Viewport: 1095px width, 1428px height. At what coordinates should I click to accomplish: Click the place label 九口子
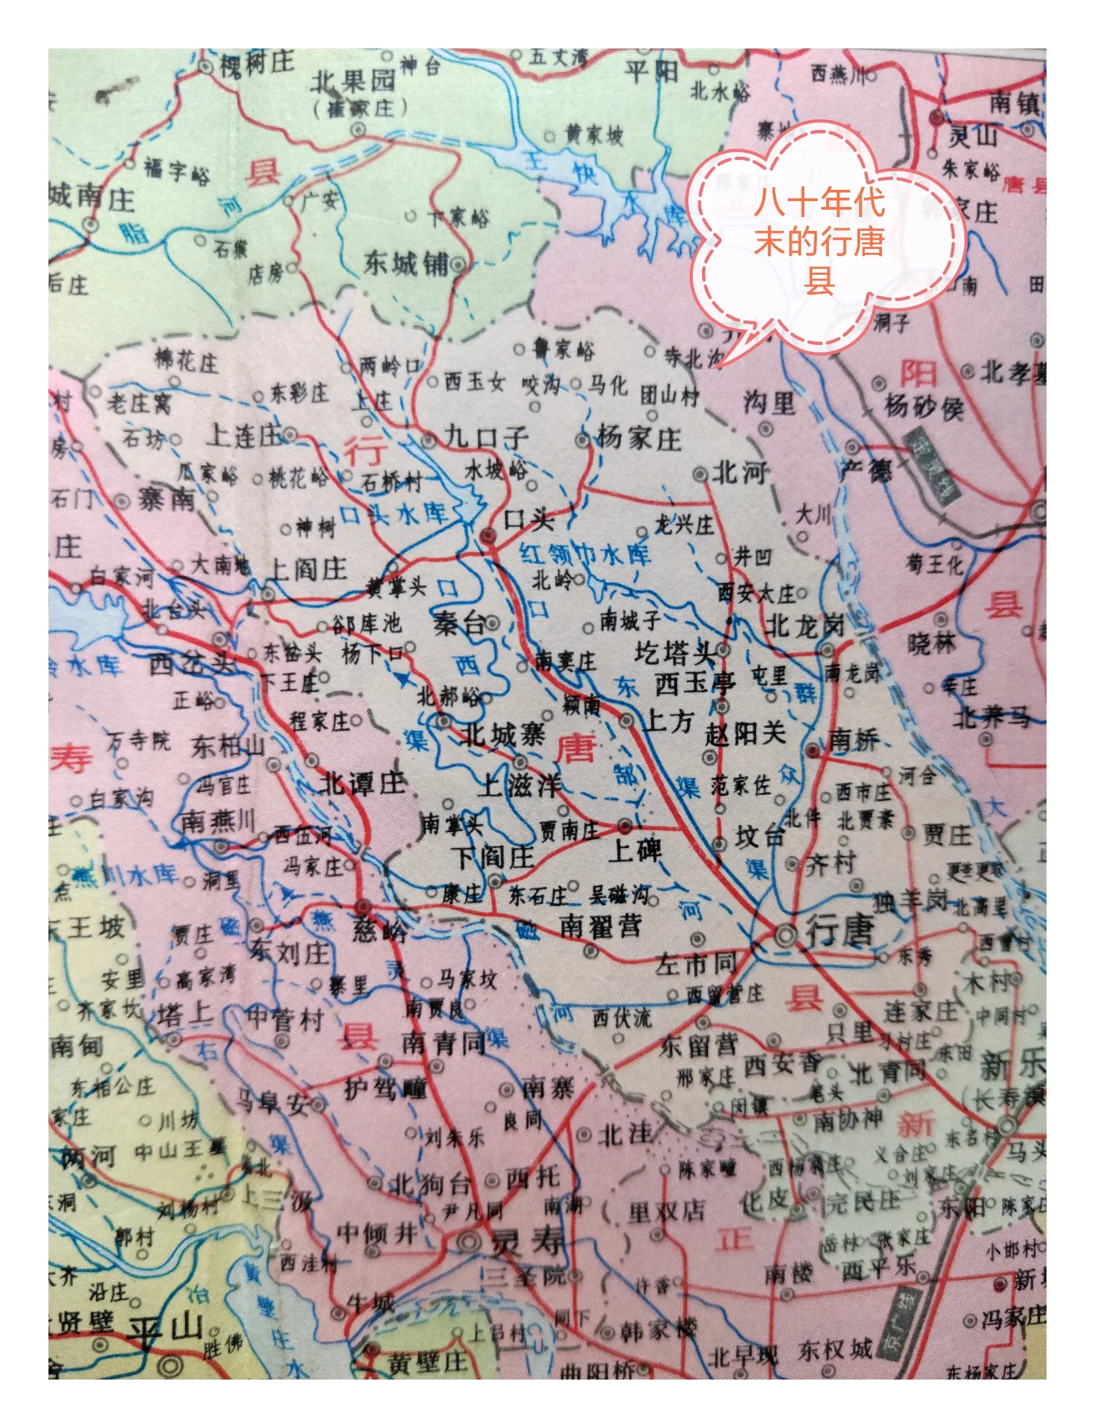[x=486, y=437]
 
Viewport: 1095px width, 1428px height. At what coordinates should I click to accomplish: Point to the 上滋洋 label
[x=522, y=786]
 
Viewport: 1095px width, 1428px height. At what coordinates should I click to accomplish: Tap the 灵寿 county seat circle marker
[x=469, y=1238]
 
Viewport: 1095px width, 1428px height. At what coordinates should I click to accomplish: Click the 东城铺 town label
[x=405, y=264]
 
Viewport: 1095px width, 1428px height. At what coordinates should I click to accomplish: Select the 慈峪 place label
[x=378, y=930]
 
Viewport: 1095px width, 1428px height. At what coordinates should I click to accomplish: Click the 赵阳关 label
[x=745, y=733]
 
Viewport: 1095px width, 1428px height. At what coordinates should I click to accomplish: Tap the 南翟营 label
[x=601, y=925]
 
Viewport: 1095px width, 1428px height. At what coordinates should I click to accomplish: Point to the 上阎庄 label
[x=307, y=569]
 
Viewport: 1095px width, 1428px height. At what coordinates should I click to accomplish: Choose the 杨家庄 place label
[x=638, y=438]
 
